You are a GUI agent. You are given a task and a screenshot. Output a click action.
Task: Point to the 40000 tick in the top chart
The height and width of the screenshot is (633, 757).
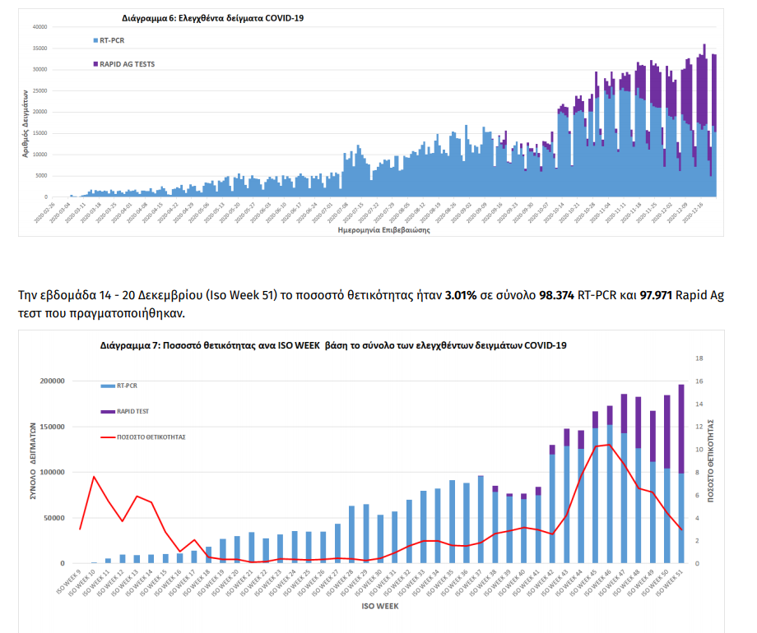[39, 26]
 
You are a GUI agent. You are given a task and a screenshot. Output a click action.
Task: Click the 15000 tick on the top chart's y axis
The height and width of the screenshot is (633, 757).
[39, 133]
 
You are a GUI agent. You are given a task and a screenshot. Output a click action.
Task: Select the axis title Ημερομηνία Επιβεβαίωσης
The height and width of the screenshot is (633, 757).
[383, 231]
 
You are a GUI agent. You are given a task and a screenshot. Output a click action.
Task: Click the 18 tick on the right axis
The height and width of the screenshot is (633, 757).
[700, 358]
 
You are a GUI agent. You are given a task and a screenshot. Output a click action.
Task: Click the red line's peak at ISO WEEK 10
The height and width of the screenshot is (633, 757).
[94, 477]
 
